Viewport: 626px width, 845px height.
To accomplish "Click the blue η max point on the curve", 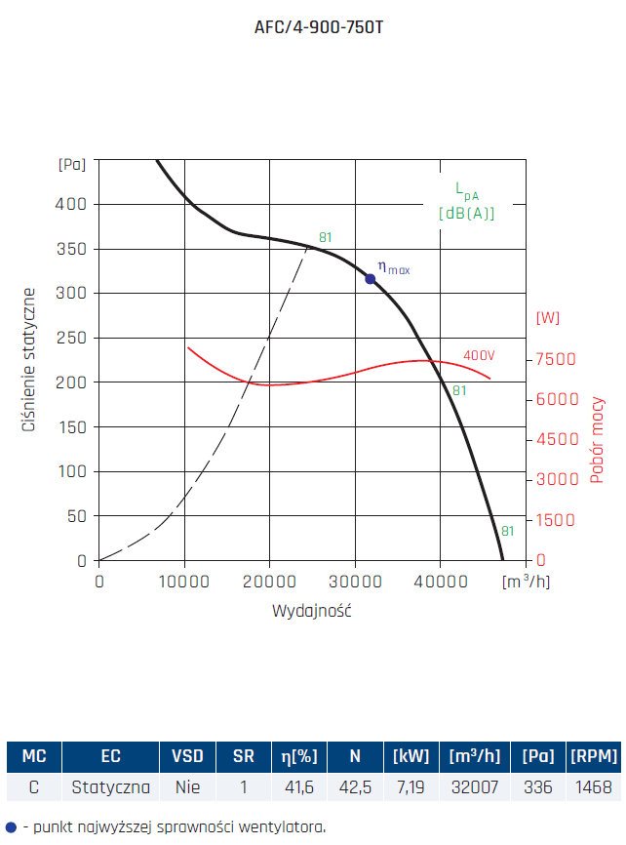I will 371,279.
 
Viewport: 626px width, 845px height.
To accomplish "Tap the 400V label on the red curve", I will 478,355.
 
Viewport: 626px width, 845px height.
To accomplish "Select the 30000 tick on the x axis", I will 353,582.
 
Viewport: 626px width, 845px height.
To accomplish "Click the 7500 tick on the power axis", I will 556,359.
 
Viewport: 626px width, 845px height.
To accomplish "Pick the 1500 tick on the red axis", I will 556,520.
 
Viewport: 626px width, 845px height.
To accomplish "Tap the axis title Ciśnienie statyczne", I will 30,360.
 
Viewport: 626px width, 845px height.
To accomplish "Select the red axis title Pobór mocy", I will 597,440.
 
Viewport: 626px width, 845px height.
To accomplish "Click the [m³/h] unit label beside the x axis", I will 525,582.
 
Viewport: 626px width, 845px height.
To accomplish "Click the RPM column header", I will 593,756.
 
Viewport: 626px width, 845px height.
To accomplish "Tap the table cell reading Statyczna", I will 111,786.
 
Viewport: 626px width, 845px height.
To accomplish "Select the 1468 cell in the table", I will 593,786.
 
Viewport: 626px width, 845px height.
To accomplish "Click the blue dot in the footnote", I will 11,826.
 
